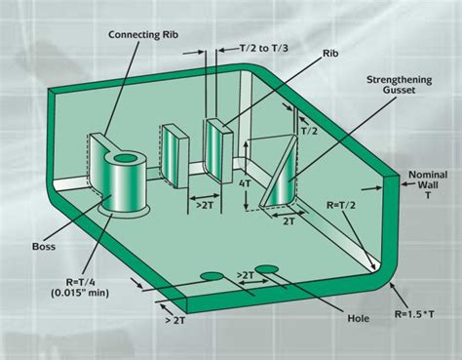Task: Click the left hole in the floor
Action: [210, 277]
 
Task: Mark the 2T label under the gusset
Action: [289, 221]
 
